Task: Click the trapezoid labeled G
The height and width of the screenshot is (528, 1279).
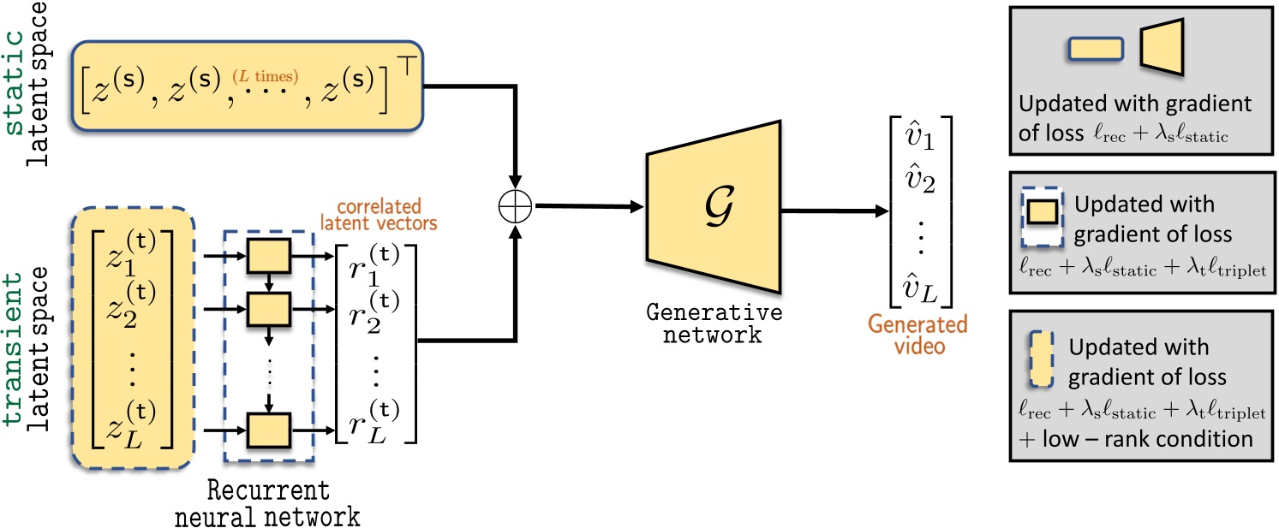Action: pos(707,205)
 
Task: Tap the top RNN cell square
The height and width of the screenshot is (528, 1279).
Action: pos(267,253)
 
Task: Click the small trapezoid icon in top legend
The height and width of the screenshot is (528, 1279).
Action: pos(1162,45)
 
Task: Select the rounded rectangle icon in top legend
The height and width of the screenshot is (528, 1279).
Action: pos(1096,50)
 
